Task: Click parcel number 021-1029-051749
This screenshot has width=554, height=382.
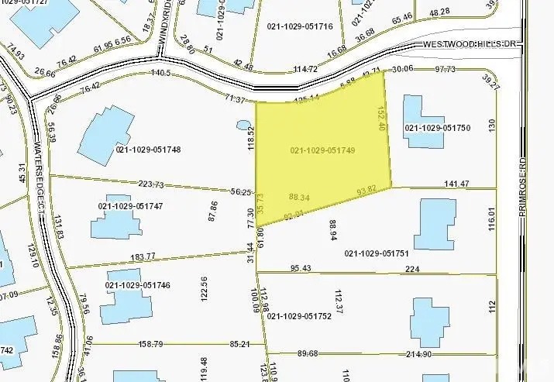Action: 323,150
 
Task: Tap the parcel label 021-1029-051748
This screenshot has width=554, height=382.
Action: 148,150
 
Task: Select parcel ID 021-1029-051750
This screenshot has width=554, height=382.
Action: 438,128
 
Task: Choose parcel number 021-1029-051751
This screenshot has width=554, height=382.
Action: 376,253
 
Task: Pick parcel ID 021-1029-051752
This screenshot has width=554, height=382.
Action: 299,316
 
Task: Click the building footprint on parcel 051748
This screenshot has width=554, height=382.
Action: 106,135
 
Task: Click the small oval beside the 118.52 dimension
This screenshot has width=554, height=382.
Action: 243,125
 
